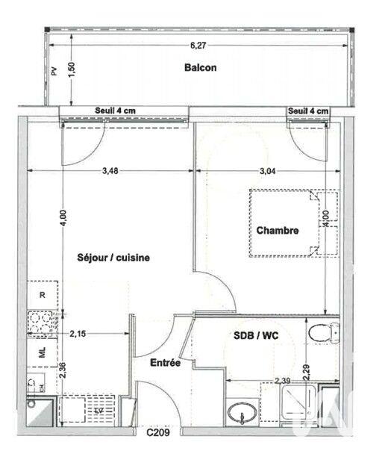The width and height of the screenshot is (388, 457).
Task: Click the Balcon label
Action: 201,68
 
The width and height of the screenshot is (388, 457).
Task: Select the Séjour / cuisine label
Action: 113,258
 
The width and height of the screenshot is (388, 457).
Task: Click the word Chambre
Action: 278,231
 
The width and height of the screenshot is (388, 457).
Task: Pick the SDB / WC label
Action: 253,336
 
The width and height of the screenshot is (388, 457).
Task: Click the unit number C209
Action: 157,432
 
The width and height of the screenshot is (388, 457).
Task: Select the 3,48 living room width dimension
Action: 110,170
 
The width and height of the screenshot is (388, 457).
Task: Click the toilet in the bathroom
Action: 322,332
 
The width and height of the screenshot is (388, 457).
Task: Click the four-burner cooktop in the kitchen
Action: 41,323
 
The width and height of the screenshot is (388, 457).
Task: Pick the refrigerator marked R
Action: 43,295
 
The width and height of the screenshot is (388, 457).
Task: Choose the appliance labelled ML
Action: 42,350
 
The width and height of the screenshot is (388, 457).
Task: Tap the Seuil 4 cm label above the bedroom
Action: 308,111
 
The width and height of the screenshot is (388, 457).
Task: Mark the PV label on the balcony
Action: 54,72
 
